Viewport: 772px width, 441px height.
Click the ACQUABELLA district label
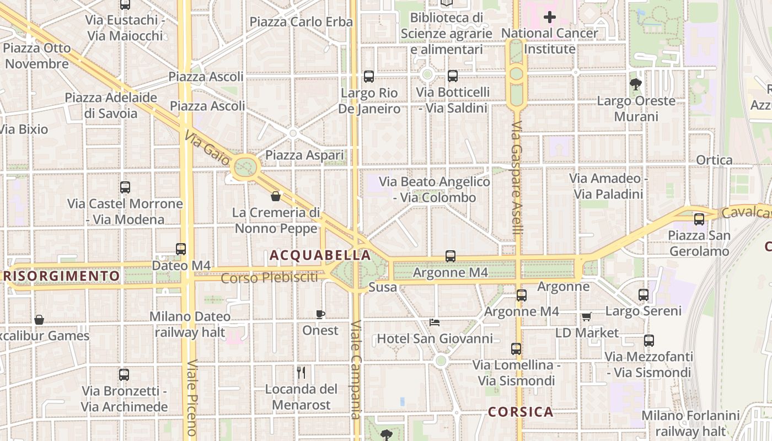tap(320, 255)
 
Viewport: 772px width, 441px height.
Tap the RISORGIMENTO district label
tap(62, 275)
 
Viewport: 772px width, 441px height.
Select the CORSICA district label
tap(521, 412)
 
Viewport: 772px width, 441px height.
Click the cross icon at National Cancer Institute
tap(550, 18)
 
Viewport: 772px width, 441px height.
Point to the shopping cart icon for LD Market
tap(586, 317)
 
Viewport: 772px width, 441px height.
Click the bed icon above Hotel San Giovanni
tap(435, 322)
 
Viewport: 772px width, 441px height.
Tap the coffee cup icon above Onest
tap(320, 314)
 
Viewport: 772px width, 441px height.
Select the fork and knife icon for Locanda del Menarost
tap(301, 373)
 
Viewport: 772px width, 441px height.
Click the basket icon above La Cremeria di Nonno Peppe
tap(276, 196)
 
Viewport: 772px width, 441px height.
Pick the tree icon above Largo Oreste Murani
tap(636, 84)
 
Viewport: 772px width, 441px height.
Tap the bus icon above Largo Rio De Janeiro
tap(369, 77)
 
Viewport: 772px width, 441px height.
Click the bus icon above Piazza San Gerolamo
tap(699, 219)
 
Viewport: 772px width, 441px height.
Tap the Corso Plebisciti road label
tap(269, 278)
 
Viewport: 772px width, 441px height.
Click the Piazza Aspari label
tap(304, 155)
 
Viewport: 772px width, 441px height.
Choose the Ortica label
tap(714, 160)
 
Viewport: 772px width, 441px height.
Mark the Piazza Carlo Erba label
tap(301, 22)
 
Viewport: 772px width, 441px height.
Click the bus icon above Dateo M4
tap(181, 249)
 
